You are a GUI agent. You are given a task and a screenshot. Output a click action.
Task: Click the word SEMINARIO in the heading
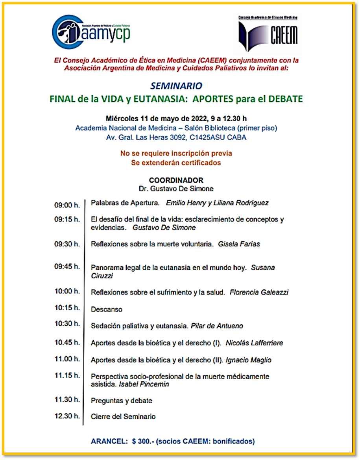click(176, 86)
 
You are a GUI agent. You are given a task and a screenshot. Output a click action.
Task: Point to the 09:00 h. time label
click(67, 205)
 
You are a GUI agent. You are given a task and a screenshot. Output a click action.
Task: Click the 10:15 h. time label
click(67, 308)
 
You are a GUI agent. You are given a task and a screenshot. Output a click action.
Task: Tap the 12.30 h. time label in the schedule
click(67, 416)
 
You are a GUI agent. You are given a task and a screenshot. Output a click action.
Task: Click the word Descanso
click(106, 310)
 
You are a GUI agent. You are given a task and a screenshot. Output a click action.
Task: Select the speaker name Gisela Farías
click(239, 244)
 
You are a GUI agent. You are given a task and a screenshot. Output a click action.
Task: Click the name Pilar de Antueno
click(217, 326)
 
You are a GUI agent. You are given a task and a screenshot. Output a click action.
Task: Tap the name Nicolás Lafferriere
click(254, 343)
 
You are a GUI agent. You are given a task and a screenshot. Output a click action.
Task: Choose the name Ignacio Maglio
click(249, 360)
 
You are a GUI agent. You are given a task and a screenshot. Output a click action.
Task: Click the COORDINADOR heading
click(176, 180)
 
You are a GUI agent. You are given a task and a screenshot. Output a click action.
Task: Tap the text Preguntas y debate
click(122, 401)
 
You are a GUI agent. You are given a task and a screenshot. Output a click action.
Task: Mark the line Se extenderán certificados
click(176, 162)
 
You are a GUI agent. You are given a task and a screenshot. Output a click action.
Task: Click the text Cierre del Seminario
click(123, 417)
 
